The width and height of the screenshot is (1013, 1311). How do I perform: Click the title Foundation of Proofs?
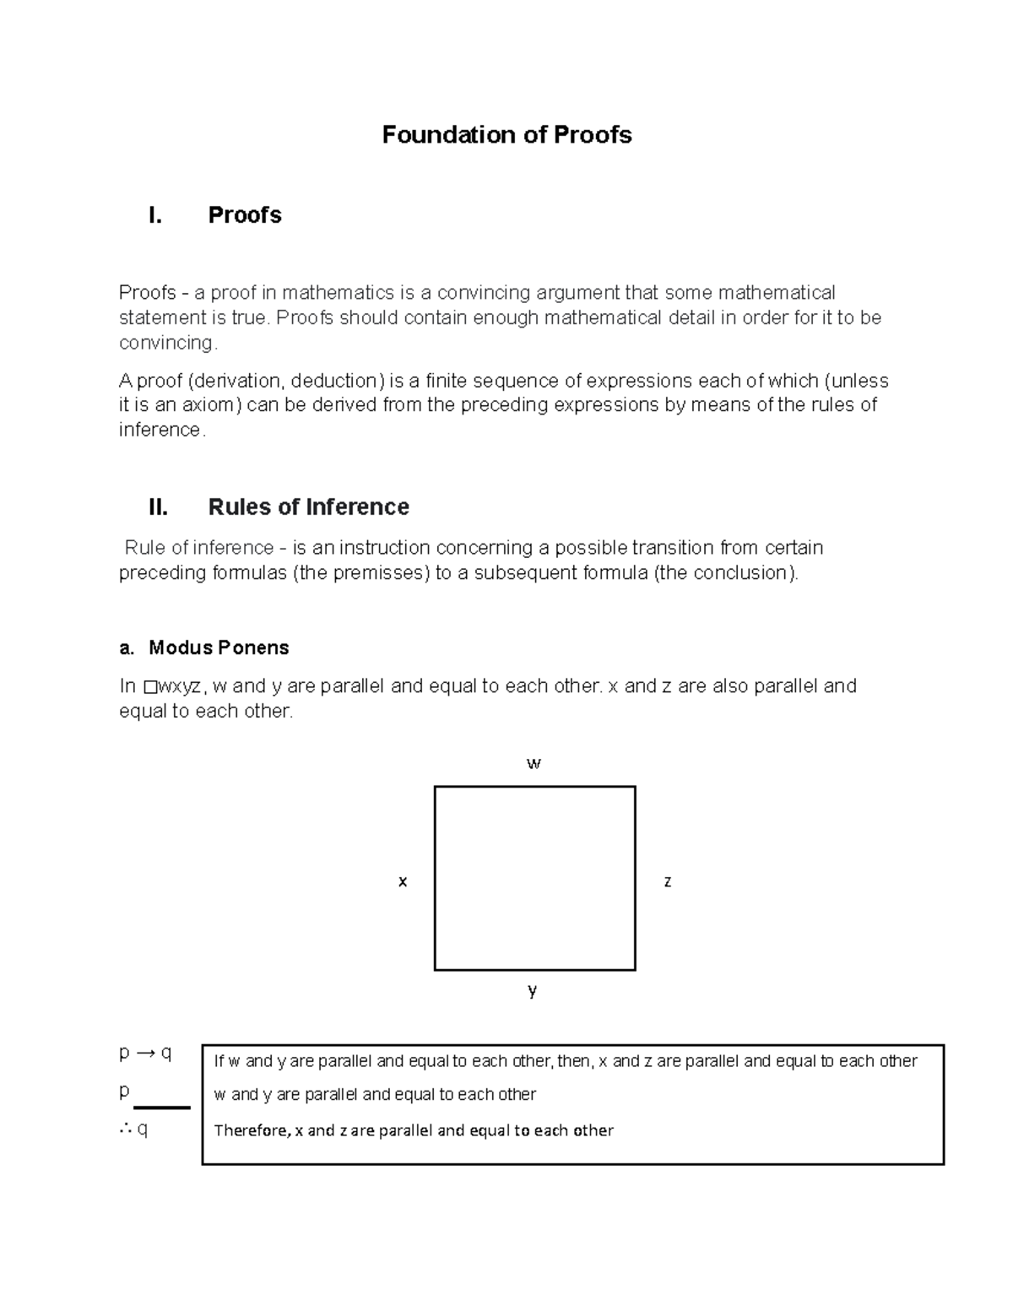click(x=506, y=135)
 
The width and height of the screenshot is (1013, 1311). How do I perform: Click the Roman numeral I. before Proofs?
click(x=155, y=215)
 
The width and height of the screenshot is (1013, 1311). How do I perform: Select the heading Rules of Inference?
click(x=308, y=507)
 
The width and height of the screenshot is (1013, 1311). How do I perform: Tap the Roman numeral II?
click(x=158, y=507)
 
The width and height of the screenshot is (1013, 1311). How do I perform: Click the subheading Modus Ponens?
click(x=219, y=647)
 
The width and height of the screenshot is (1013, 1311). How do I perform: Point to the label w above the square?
click(x=534, y=764)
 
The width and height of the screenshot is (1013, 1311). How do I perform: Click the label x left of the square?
click(x=403, y=881)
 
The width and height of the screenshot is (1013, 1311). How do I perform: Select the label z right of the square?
click(x=668, y=881)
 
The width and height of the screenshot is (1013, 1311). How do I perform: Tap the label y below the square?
click(x=533, y=990)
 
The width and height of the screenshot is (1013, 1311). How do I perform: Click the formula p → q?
click(x=145, y=1053)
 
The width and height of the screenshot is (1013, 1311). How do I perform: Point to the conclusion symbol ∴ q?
click(x=133, y=1129)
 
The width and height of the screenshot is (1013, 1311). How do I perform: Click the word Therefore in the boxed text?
click(x=251, y=1130)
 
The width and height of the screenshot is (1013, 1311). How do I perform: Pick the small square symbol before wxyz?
click(x=150, y=687)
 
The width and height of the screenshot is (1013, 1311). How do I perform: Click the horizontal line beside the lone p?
click(x=162, y=1107)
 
